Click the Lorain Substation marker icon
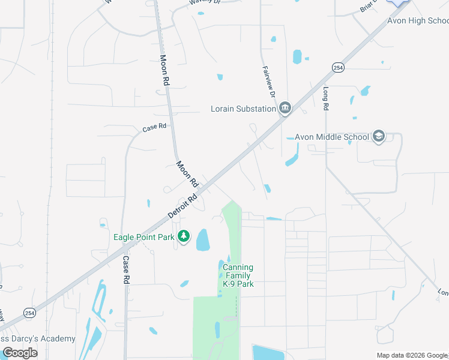tap(285, 109)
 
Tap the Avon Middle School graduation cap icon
tap(378, 137)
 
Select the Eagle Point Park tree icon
tap(184, 237)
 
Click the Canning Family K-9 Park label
tap(238, 275)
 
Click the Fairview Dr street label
tap(268, 82)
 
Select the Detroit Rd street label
tap(182, 205)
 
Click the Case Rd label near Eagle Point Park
tap(126, 270)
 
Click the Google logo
tap(19, 353)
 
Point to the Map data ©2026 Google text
tap(411, 355)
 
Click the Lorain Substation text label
tap(243, 109)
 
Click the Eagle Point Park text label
tap(143, 237)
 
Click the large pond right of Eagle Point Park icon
tap(203, 239)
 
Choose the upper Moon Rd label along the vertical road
tap(163, 71)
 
